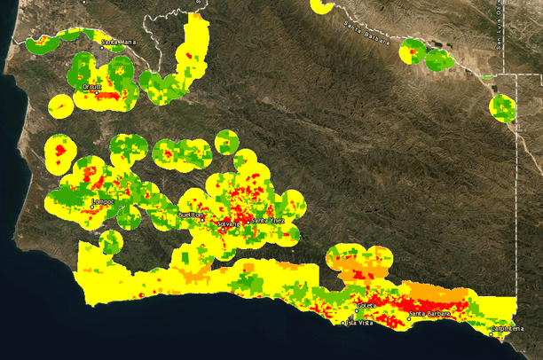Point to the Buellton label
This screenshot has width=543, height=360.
[191, 215]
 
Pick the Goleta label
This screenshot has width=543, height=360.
[365, 305]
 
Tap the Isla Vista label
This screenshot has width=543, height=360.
[358, 323]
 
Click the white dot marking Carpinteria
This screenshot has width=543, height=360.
[491, 334]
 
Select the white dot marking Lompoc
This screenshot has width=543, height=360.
[92, 207]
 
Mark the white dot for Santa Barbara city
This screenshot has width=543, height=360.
[409, 317]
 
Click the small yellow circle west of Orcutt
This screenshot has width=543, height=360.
[60, 106]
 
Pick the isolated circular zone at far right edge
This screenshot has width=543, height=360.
[503, 108]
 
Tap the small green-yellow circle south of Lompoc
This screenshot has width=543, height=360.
[110, 241]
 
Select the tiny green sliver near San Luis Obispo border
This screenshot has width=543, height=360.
[485, 77]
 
